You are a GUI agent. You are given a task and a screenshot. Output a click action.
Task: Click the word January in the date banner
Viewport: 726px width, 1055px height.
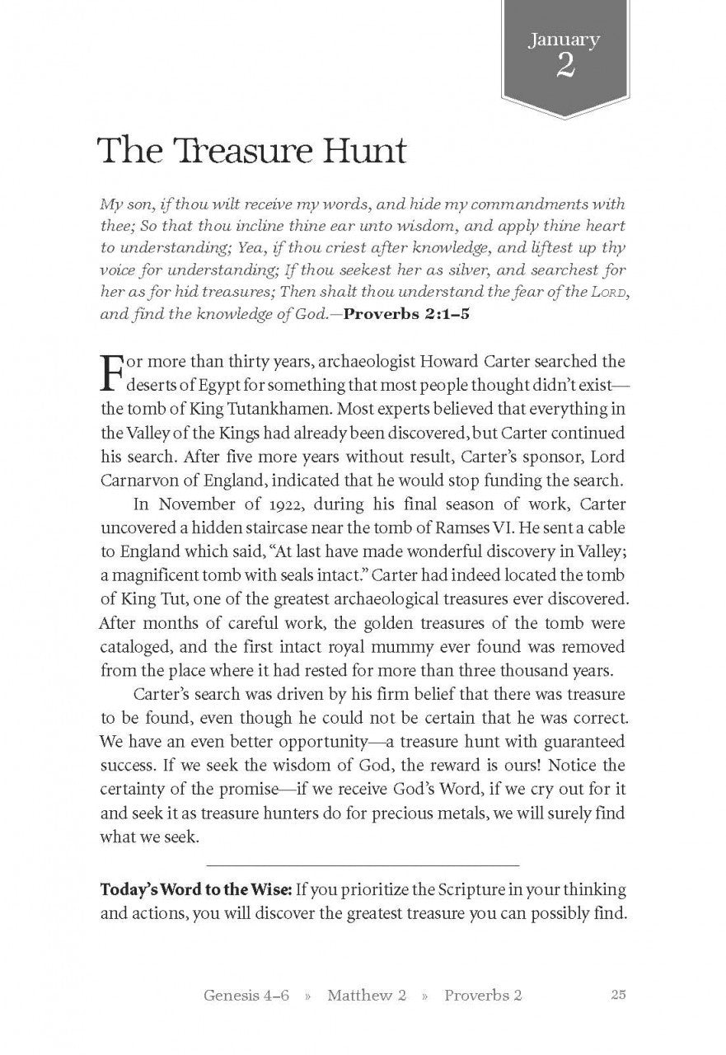(x=564, y=40)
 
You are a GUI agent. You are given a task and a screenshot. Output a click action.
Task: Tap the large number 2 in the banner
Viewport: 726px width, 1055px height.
(x=564, y=66)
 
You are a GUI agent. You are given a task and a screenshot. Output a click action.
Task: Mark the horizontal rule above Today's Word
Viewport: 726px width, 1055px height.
(x=363, y=865)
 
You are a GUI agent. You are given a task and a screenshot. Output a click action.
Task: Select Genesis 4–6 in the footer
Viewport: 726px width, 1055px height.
(x=246, y=995)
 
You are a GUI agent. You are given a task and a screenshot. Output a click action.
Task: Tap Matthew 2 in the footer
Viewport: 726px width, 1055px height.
(x=367, y=995)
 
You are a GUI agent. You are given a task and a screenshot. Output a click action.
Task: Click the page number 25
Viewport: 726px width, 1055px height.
(x=620, y=994)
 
